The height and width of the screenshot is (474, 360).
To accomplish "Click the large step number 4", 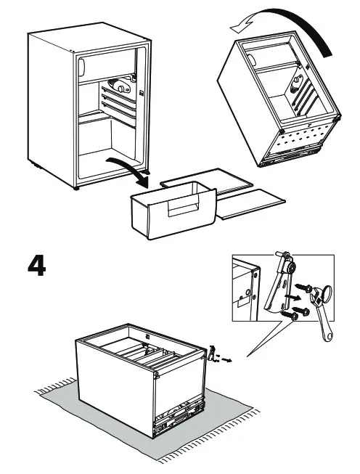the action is [x=37, y=266].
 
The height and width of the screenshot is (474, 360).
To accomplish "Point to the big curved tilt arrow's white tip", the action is [x=232, y=28].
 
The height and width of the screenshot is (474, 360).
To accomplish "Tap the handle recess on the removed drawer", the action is [x=184, y=205].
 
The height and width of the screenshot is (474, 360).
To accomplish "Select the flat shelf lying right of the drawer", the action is [x=251, y=204].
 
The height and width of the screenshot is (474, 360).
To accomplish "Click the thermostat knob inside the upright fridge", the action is [x=121, y=89].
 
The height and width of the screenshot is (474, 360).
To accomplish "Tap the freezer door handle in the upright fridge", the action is [x=81, y=67].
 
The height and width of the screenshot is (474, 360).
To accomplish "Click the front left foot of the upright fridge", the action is [x=76, y=188].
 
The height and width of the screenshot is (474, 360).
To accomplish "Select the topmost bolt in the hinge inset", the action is [x=303, y=287].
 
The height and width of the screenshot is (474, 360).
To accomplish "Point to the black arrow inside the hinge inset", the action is [x=293, y=298].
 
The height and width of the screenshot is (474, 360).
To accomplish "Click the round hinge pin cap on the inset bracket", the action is [x=291, y=266].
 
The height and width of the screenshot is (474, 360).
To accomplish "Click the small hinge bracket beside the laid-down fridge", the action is [x=212, y=352].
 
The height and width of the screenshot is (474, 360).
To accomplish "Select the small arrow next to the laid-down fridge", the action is [x=227, y=359].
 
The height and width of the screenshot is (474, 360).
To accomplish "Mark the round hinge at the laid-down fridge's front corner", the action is [x=156, y=375].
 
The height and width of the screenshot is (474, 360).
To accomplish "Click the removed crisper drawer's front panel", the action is [x=181, y=213].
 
